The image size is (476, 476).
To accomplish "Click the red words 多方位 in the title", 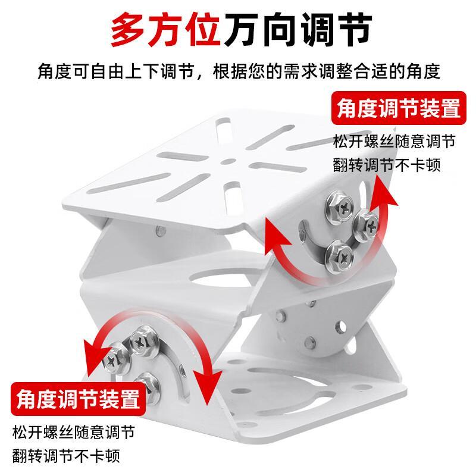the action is (165, 29).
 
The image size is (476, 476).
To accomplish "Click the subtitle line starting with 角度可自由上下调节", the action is (239, 71).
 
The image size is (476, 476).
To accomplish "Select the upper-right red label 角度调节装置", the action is (399, 108).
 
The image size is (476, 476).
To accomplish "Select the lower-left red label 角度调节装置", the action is (79, 399).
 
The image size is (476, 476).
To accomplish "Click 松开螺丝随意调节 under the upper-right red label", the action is (394, 141).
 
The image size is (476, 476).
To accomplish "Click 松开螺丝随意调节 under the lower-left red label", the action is (74, 432).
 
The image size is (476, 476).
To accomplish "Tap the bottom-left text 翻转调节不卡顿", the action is (66, 456).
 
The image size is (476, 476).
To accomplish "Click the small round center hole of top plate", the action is (228, 161).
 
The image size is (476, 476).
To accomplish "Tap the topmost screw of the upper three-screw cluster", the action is (339, 207).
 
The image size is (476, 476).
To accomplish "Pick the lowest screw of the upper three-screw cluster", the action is (340, 256).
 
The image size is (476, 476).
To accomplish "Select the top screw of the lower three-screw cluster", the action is (143, 341).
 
